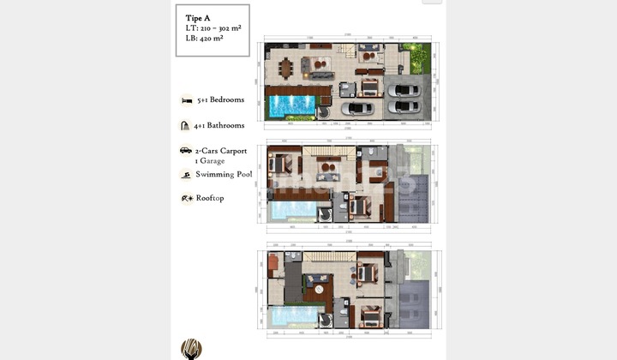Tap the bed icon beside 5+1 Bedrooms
(186, 100)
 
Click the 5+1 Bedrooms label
(220, 99)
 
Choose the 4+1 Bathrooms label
(220, 125)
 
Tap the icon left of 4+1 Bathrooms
(185, 125)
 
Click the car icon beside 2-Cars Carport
(185, 151)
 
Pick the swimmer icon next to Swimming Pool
(185, 175)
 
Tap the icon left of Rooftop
(186, 198)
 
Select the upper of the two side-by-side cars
(401, 88)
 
